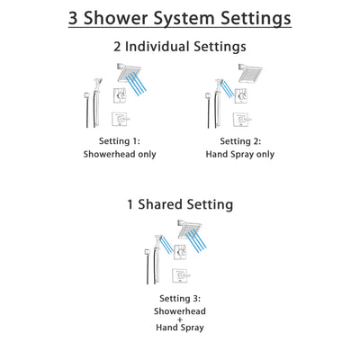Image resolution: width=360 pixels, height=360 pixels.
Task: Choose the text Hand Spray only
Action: click(238, 154)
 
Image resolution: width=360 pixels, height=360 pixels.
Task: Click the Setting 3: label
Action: click(180, 298)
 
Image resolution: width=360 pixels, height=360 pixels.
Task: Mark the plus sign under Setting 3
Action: click(180, 320)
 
